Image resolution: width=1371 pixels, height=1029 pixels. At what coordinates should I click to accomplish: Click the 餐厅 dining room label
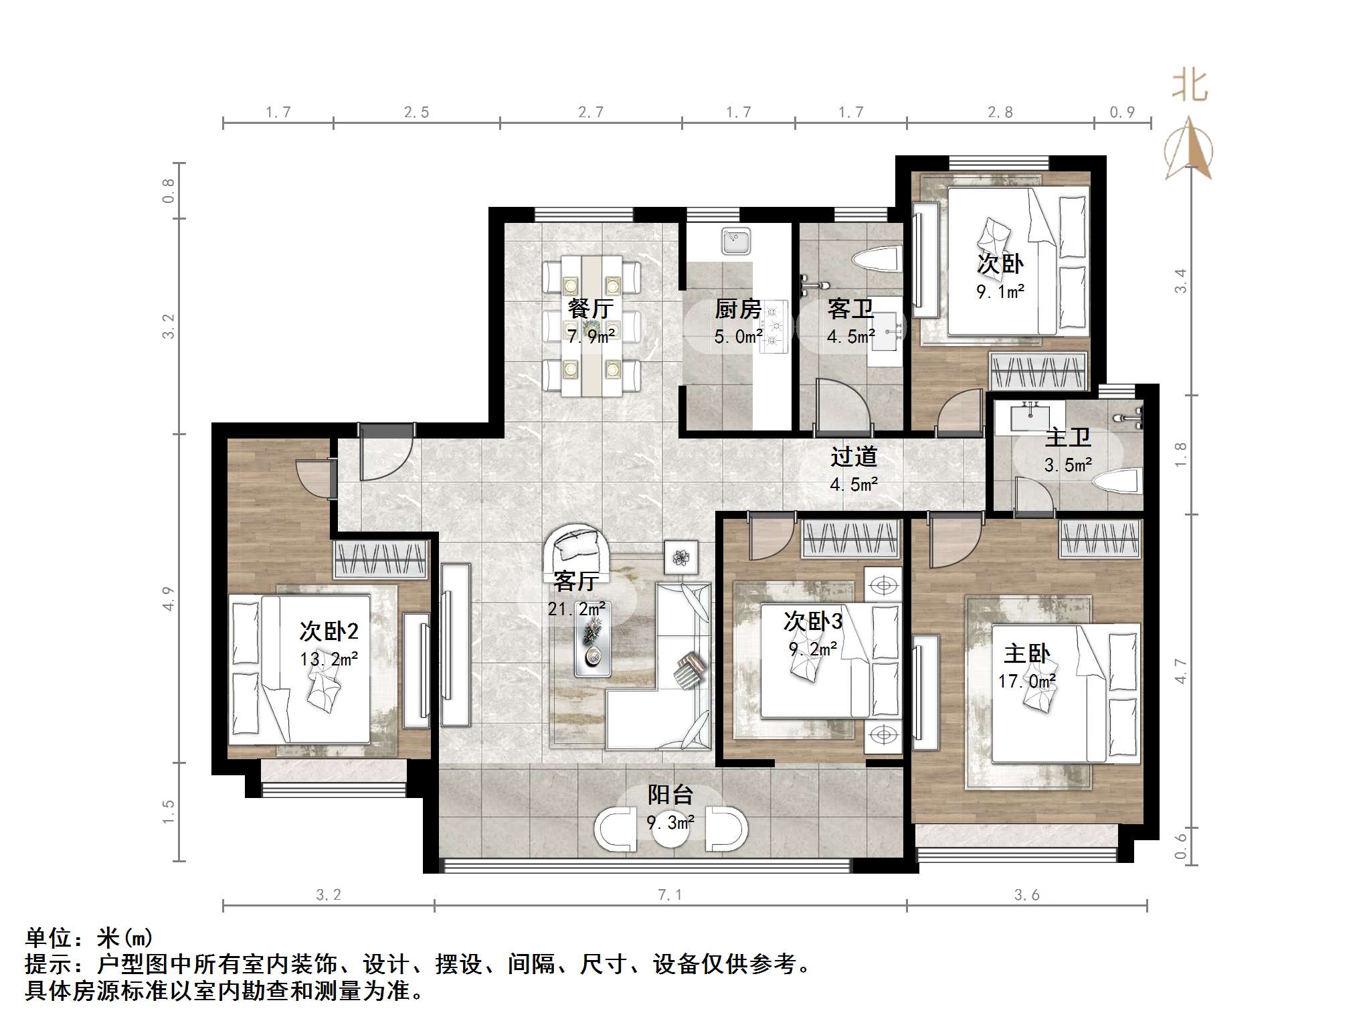click(590, 308)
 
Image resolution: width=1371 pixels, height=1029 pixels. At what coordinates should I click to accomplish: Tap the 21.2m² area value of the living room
click(576, 609)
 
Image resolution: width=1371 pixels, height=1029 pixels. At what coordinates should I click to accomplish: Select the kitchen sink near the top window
click(736, 241)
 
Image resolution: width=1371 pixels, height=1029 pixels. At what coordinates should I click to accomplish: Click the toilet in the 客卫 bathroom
click(877, 259)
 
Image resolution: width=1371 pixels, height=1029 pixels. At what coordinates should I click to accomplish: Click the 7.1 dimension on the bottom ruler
click(670, 895)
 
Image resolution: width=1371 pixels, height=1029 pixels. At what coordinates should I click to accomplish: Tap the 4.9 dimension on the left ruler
click(168, 598)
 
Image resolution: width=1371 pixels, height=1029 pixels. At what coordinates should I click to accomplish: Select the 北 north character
click(1189, 86)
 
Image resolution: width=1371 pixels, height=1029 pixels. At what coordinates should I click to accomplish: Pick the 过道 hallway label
click(854, 457)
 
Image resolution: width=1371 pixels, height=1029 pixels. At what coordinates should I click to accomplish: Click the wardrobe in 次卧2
click(380, 560)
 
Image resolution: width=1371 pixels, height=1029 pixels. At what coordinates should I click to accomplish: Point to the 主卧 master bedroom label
click(1026, 653)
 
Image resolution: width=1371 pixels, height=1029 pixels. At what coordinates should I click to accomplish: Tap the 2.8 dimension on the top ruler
click(1000, 112)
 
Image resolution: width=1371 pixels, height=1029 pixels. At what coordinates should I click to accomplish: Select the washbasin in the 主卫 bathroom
click(1029, 418)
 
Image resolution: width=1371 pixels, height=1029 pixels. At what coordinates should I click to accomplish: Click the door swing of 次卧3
click(769, 540)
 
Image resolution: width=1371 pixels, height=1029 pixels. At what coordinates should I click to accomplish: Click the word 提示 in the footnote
click(48, 964)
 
